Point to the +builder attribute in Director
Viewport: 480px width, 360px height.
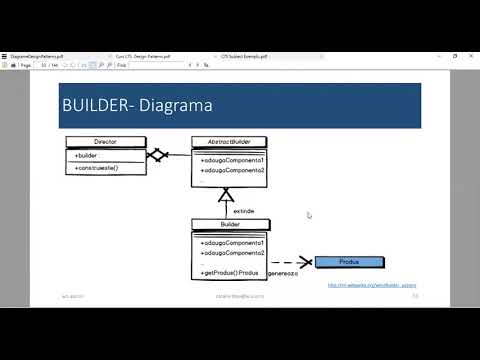(87, 156)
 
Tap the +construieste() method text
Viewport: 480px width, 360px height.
(97, 168)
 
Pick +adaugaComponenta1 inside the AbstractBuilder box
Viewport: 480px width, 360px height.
(232, 160)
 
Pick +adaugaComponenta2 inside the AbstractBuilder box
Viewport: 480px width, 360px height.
(232, 171)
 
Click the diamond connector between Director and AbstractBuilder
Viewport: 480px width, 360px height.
(155, 156)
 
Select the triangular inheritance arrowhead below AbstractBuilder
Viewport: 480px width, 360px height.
(226, 195)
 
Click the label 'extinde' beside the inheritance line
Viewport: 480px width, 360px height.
(243, 211)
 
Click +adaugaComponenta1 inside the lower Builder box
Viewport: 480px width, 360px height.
(232, 243)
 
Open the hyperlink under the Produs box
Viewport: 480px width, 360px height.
(372, 284)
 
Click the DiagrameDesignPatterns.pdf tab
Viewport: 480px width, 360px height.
(38, 56)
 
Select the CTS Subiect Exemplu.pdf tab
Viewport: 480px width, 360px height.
(251, 56)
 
